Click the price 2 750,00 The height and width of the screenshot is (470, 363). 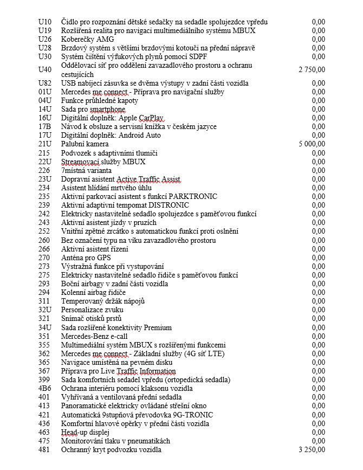(x=312, y=69)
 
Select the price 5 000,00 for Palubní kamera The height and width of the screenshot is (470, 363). (x=312, y=144)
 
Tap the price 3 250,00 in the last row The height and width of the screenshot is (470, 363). (x=312, y=449)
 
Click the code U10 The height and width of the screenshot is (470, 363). (x=45, y=22)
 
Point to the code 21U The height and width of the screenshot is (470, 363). (x=44, y=144)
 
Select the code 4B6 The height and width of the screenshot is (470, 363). (x=44, y=388)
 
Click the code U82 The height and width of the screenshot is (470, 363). (x=45, y=83)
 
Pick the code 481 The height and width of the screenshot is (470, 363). (x=44, y=449)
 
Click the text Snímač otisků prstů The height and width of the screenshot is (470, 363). (x=91, y=318)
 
